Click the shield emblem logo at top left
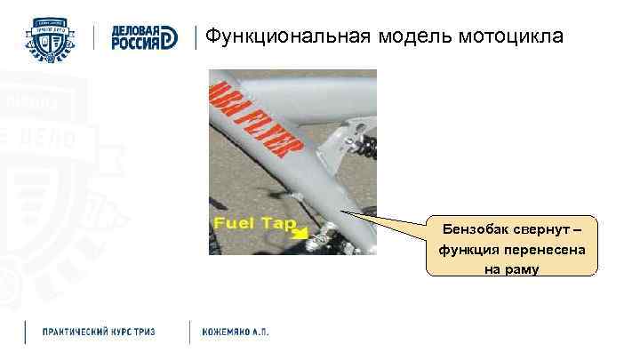click(52, 37)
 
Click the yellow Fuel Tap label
click(253, 222)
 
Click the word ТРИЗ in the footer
click(142, 332)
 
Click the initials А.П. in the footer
click(260, 332)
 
